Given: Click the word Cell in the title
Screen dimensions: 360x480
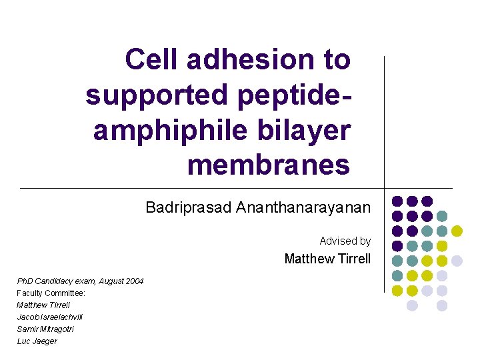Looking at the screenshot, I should tap(153, 59).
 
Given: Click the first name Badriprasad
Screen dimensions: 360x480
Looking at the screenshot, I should tap(188, 208).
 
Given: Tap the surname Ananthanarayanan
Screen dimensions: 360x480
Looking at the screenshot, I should tap(303, 208).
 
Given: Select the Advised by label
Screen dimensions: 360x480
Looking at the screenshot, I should tap(345, 241).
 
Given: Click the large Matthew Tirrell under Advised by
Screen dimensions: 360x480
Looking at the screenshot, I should tap(327, 259).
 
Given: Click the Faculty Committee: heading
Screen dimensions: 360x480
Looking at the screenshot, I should tap(51, 293).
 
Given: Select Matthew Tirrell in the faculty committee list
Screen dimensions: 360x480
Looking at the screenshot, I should tap(43, 305).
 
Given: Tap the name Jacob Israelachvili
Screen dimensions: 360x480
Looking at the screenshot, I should tap(50, 317).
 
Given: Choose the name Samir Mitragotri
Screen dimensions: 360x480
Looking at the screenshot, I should tap(45, 329).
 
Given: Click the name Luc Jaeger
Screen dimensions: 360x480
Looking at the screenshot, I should tap(37, 341).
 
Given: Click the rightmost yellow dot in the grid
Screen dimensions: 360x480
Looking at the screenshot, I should tap(457, 231).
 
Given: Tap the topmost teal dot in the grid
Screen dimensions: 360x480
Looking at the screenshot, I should tap(441, 216).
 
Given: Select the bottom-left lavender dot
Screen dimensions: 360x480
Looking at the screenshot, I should tap(412, 305).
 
